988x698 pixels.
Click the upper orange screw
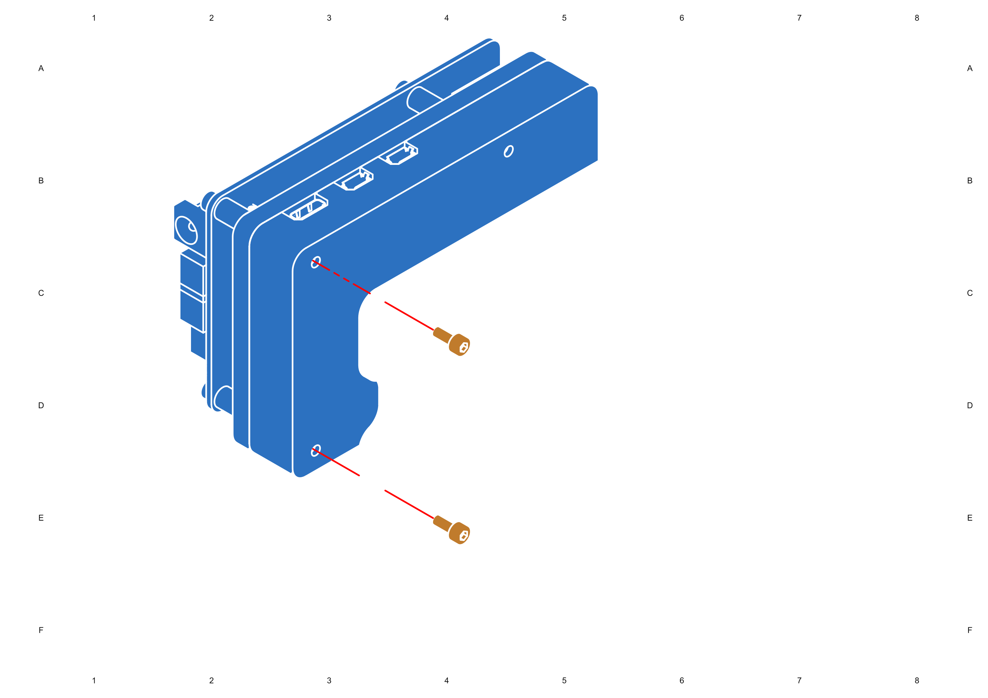tap(452, 341)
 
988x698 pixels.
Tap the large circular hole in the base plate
tap(771, 357)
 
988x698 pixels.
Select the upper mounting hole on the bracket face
tap(389, 304)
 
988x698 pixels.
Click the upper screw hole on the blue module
tap(316, 262)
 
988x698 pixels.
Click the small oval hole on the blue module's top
tap(508, 151)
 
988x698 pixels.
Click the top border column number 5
tap(564, 18)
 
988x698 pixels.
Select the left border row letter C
tap(41, 293)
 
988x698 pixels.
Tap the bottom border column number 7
tap(799, 680)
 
